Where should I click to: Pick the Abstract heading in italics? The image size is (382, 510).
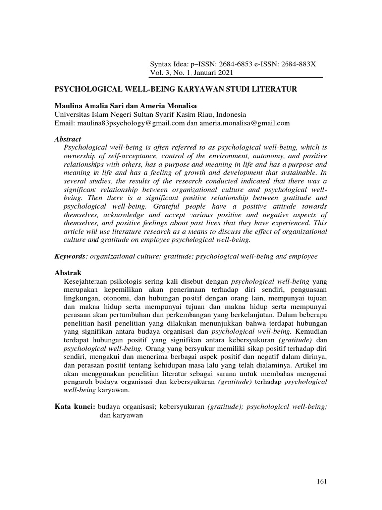pyautogui.click(x=67, y=139)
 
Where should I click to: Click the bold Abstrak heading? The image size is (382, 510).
pyautogui.click(x=67, y=273)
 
